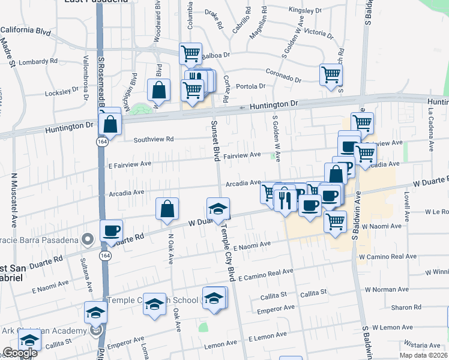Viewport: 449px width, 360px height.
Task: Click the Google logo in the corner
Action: click(x=20, y=353)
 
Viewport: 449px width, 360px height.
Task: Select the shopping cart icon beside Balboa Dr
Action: click(x=190, y=53)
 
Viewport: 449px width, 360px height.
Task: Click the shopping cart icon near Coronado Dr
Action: click(x=331, y=75)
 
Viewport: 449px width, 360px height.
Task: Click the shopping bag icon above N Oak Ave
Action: click(x=167, y=208)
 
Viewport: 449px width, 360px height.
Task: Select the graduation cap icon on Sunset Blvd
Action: click(x=218, y=208)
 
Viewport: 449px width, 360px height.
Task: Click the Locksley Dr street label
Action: click(x=62, y=92)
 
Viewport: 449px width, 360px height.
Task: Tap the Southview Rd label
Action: click(x=153, y=139)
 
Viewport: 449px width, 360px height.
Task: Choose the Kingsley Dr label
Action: click(x=306, y=10)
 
